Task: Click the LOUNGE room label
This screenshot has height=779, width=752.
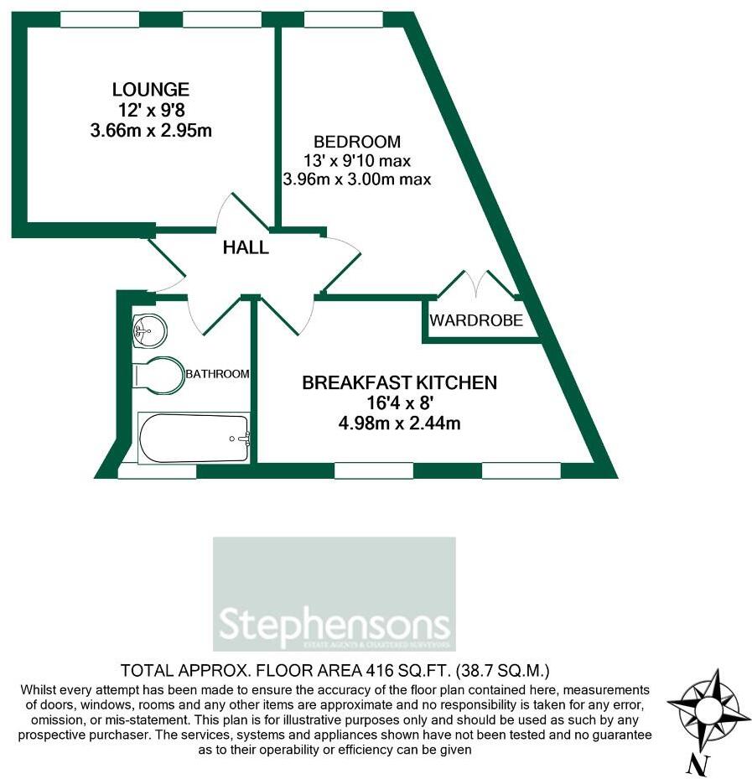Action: pos(151,89)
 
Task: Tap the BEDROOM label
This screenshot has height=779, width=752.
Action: pos(356,142)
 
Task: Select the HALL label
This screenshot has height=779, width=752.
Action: pos(246,247)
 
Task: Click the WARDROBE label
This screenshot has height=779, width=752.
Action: pos(476,320)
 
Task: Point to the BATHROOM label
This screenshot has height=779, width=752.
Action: pos(217,374)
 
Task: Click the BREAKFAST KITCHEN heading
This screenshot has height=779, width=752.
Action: pos(399,383)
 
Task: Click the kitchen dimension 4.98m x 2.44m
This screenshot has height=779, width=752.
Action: pos(399,423)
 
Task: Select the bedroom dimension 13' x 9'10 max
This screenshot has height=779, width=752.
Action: pos(357,160)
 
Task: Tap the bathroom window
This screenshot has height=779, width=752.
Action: pos(157,471)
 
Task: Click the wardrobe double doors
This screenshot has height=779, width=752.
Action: pos(477,285)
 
